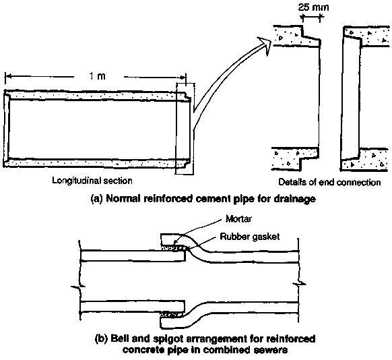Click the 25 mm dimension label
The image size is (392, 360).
pyautogui.click(x=313, y=7)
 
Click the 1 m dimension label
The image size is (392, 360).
pyautogui.click(x=98, y=76)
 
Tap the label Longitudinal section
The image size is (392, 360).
pyautogui.click(x=92, y=181)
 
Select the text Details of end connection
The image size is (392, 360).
pyautogui.click(x=329, y=182)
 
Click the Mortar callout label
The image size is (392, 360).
pyautogui.click(x=238, y=219)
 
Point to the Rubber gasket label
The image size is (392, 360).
pyautogui.click(x=249, y=237)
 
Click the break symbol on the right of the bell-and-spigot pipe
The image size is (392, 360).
pyautogui.click(x=300, y=284)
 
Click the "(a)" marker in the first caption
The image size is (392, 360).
pyautogui.click(x=97, y=199)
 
